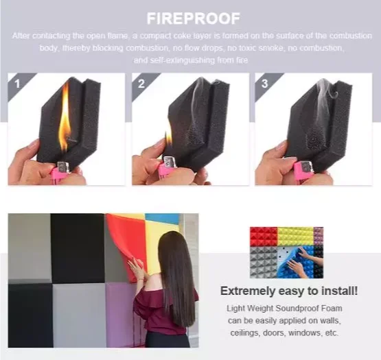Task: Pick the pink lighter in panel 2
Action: click(x=168, y=170)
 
